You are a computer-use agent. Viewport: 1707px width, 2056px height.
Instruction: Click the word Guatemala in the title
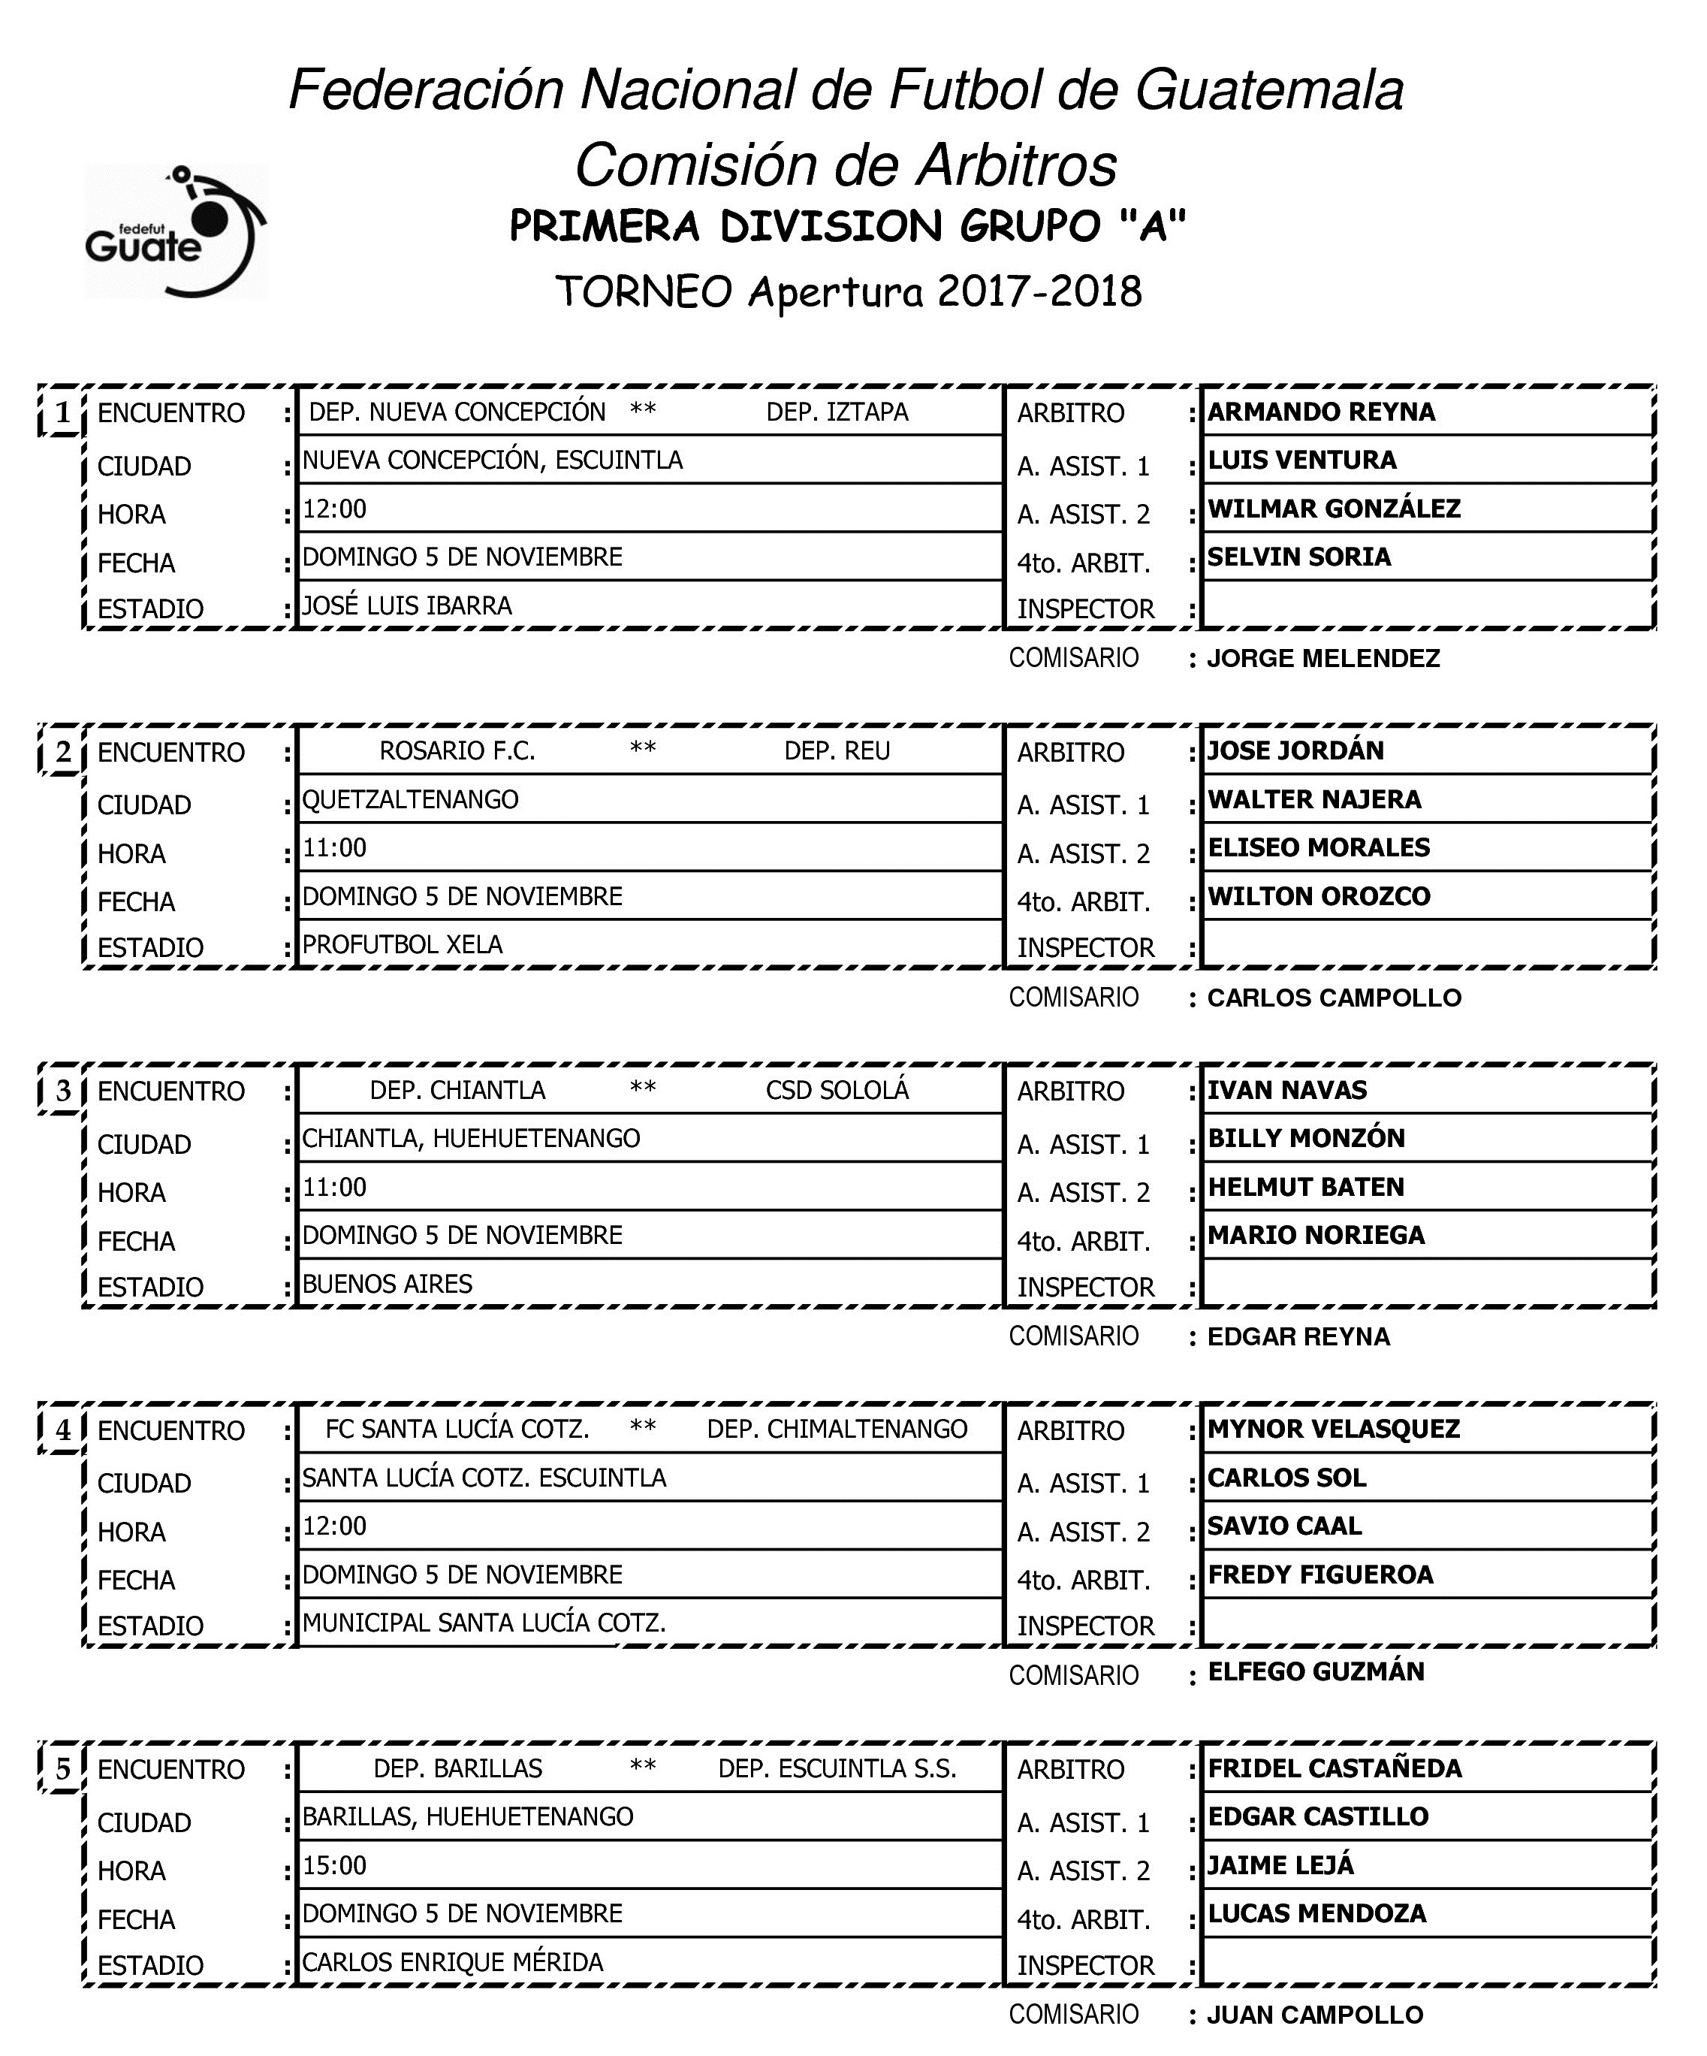point(1269,90)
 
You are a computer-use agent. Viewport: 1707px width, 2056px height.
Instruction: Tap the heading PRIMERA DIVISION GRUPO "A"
point(848,227)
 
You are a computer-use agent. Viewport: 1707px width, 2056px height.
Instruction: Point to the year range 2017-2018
point(1039,291)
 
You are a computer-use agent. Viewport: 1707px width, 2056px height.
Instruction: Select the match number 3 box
point(62,1091)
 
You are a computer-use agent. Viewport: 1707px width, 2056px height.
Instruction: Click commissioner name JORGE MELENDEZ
point(1323,658)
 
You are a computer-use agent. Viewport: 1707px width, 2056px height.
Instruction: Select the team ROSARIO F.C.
point(457,751)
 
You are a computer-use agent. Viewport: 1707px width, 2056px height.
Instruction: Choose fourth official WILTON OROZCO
point(1319,896)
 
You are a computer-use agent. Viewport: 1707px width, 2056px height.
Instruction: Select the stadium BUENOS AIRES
point(388,1284)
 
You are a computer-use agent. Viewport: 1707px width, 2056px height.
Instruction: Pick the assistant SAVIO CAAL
point(1284,1526)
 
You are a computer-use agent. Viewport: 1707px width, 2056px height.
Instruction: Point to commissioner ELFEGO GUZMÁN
point(1316,1671)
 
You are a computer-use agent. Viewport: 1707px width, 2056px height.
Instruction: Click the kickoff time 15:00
point(335,1865)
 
